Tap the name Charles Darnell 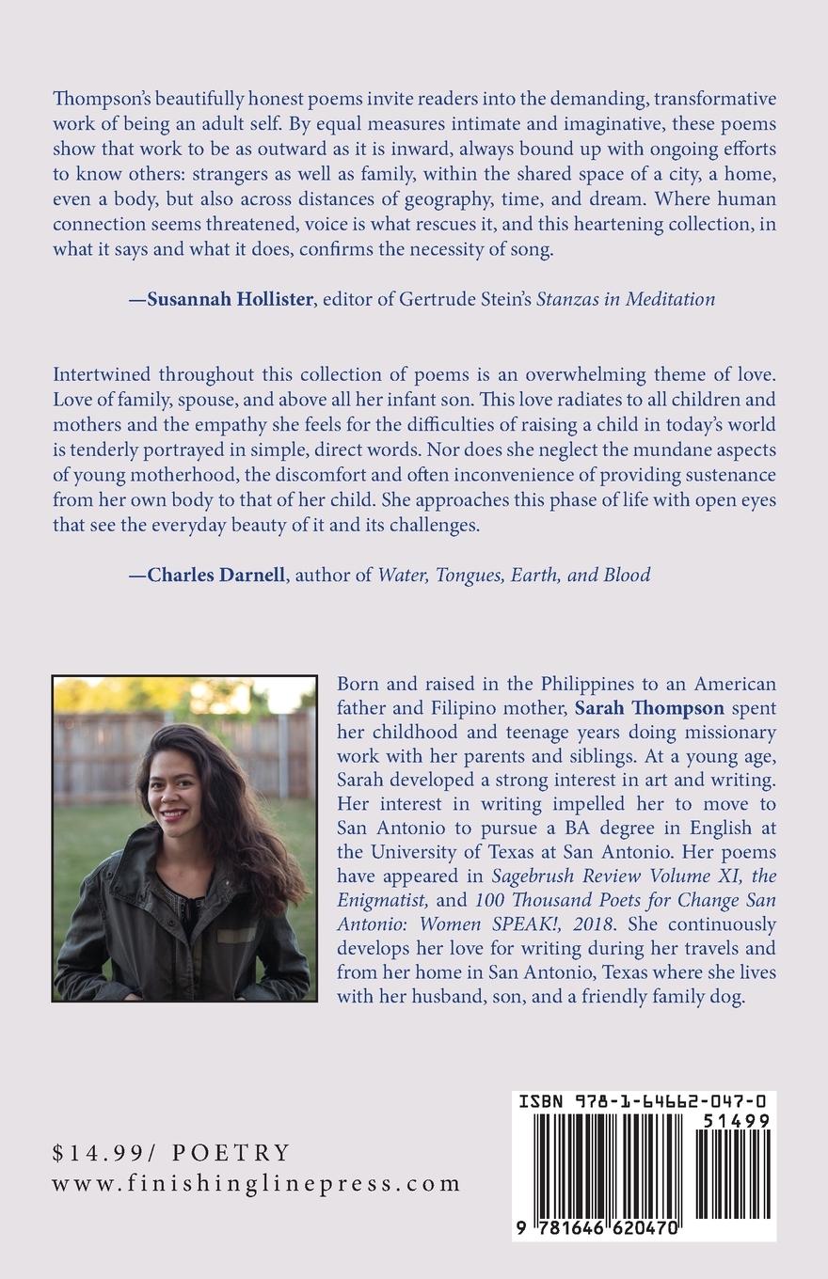[x=216, y=575]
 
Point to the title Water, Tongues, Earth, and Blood [x=514, y=575]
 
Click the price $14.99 [x=97, y=1152]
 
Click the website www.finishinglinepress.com [x=256, y=1183]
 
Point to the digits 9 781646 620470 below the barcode [x=600, y=1228]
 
